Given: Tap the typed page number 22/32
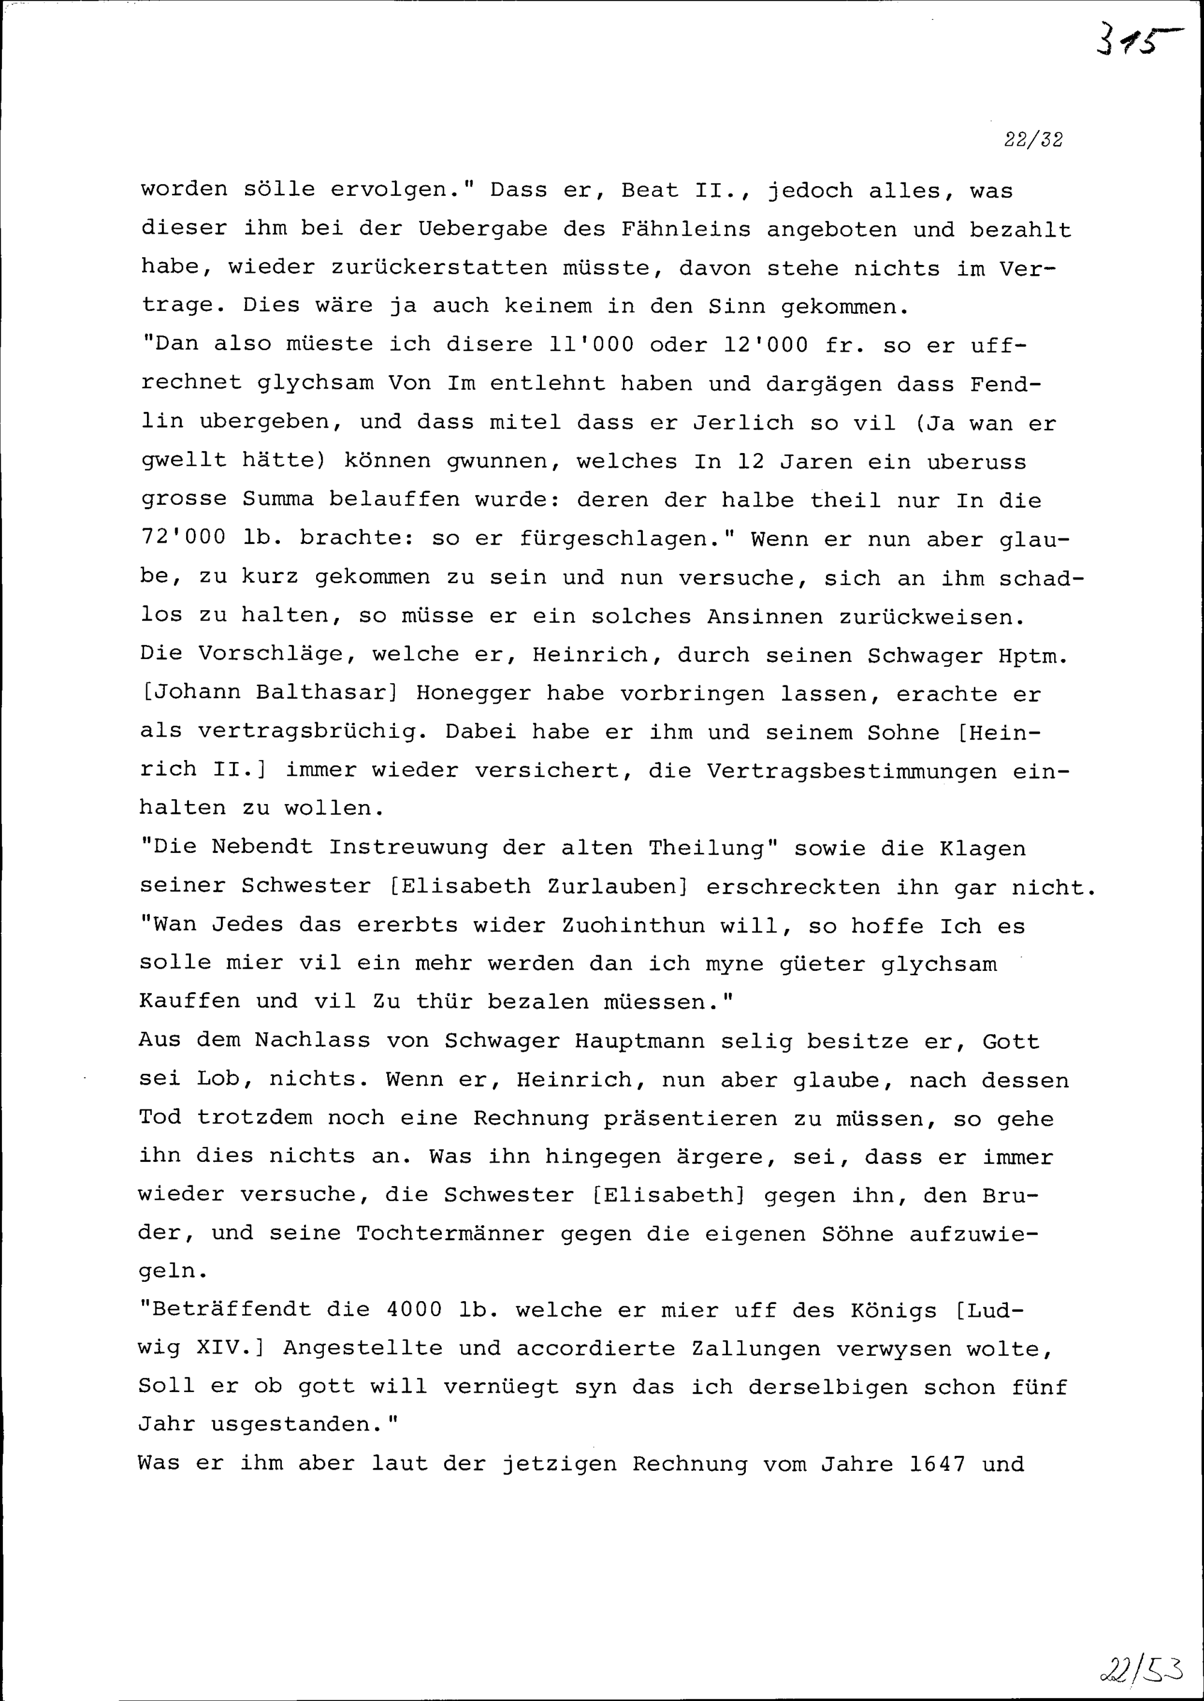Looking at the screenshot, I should click(x=1034, y=140).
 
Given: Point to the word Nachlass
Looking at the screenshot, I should click(x=312, y=1040).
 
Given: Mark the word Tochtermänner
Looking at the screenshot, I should click(x=450, y=1233).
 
